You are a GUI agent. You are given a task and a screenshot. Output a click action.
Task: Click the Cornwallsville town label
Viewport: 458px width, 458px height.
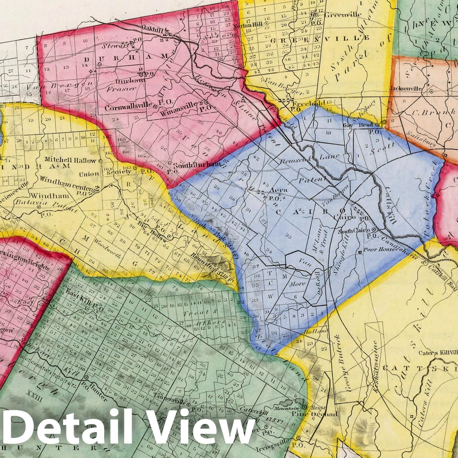pos(128,107)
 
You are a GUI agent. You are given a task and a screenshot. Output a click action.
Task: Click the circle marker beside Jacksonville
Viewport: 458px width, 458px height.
pos(431,91)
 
